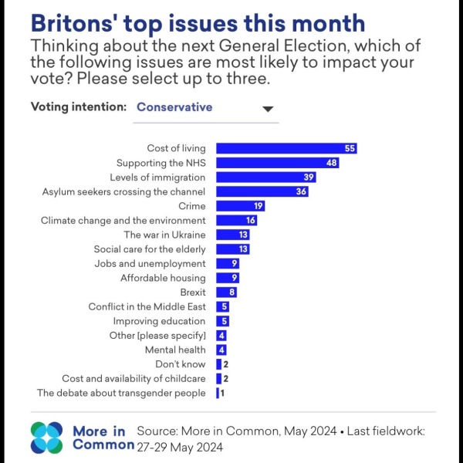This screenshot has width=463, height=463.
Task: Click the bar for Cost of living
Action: [x=286, y=148]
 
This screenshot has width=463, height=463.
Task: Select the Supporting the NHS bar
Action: [x=277, y=163]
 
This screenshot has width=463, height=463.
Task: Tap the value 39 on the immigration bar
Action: [x=307, y=177]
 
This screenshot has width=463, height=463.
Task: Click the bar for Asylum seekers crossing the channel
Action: [x=262, y=191]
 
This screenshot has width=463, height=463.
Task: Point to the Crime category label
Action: [x=191, y=206]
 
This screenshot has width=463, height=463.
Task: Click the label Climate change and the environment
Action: [x=123, y=221]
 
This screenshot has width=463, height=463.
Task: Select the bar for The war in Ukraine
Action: [x=232, y=235]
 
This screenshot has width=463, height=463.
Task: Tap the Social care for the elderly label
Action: [x=150, y=249]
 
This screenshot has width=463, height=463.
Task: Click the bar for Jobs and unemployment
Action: [x=228, y=264]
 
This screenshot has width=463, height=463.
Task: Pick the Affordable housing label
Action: [x=163, y=278]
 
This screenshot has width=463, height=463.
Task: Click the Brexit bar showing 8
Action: [x=226, y=292]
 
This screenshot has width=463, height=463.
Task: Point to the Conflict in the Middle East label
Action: [x=147, y=306]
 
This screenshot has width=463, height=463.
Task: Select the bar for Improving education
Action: [x=222, y=321]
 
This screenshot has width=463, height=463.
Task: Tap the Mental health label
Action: [x=176, y=350]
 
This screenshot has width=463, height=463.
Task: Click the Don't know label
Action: [x=181, y=364]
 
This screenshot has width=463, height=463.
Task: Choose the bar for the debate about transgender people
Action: [x=218, y=393]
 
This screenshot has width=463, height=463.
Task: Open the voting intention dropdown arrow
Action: [x=268, y=109]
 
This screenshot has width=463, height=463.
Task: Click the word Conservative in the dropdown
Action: [x=174, y=107]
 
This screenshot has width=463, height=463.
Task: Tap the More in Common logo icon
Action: [x=47, y=438]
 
